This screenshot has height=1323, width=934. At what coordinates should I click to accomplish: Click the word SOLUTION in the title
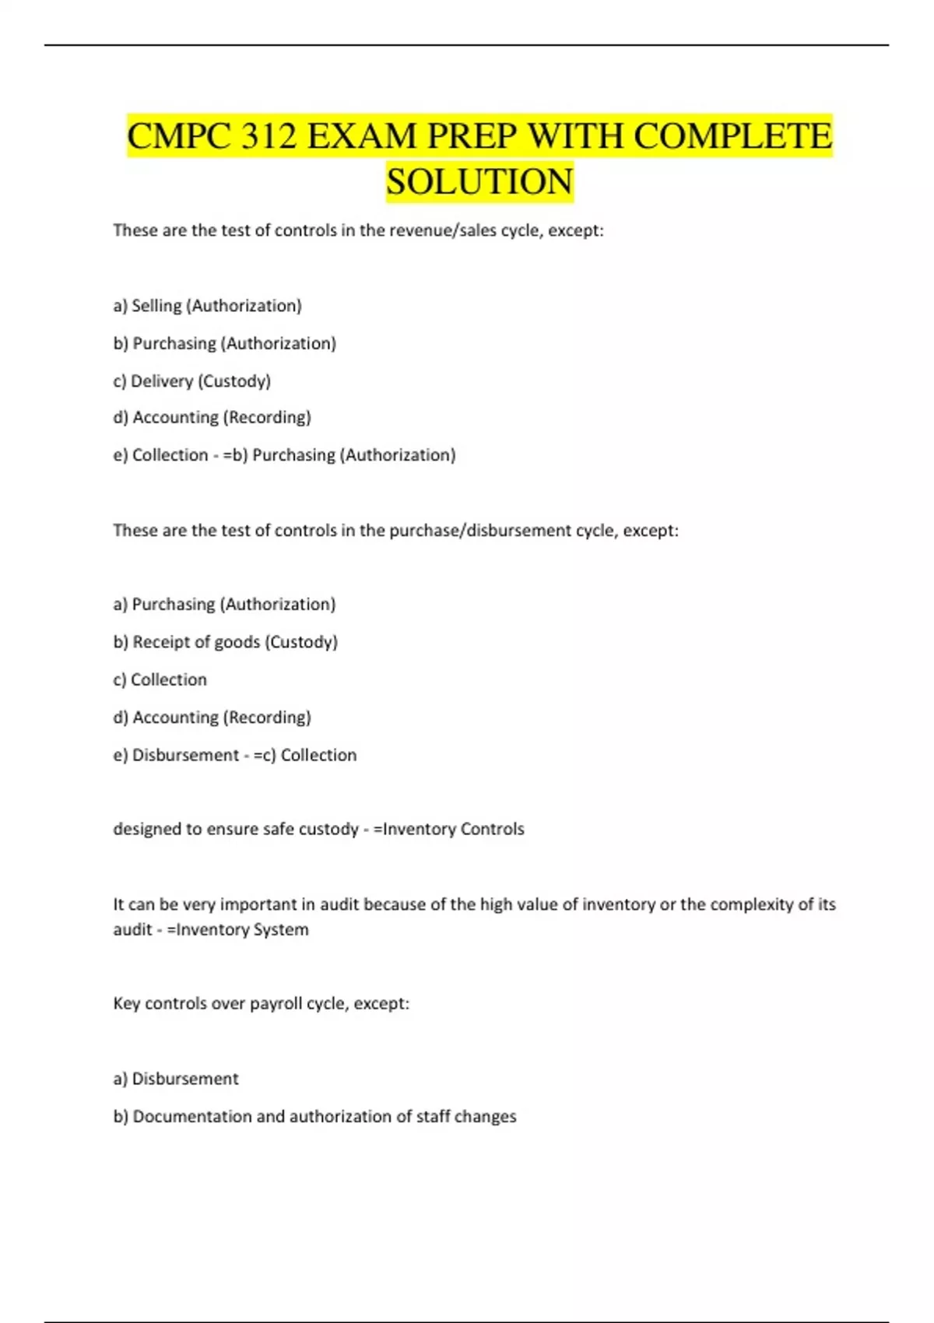pyautogui.click(x=479, y=181)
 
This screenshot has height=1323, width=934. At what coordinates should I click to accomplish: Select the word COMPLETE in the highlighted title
pyautogui.click(x=732, y=136)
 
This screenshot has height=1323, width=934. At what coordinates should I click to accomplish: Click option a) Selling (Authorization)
pyautogui.click(x=207, y=306)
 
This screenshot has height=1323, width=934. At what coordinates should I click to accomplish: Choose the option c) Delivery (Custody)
pyautogui.click(x=192, y=381)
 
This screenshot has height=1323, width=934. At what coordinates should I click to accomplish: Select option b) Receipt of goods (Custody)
pyautogui.click(x=226, y=642)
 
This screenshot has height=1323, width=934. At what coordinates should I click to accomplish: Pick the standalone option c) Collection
pyautogui.click(x=160, y=679)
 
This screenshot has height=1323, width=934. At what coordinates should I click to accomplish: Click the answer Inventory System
pyautogui.click(x=242, y=929)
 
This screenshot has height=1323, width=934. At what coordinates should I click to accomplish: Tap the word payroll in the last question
pyautogui.click(x=276, y=1004)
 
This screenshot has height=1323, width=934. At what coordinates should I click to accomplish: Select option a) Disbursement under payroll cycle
pyautogui.click(x=176, y=1079)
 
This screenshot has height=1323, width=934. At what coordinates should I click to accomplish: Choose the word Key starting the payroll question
pyautogui.click(x=126, y=1004)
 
